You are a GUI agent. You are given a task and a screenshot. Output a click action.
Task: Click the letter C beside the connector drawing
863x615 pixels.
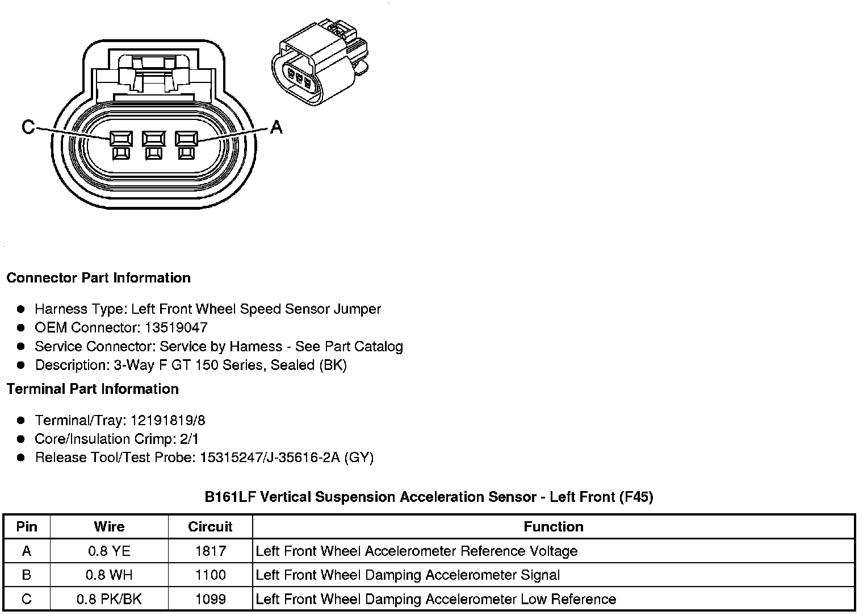[x=28, y=127]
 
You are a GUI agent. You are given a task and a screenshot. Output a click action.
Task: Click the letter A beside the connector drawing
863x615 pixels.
[x=276, y=127]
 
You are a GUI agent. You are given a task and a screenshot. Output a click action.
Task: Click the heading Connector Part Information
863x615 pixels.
[x=98, y=278]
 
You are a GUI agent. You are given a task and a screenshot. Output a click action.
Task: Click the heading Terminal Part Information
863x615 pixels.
[x=93, y=389]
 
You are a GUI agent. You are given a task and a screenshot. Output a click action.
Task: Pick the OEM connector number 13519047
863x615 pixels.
[x=176, y=327]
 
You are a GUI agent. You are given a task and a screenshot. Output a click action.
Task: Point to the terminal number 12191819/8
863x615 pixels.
[x=168, y=421]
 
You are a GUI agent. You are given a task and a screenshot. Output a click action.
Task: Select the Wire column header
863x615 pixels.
[x=109, y=526]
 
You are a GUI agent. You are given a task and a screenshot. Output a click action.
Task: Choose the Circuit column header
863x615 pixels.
[x=210, y=526]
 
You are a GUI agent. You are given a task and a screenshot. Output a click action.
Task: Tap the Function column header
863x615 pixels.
[x=554, y=526]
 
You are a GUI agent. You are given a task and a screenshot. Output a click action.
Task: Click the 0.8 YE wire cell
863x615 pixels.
[x=109, y=551]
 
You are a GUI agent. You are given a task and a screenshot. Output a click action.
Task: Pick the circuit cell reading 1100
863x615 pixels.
[x=210, y=575]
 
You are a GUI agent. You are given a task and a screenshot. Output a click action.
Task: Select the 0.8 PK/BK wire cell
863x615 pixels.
[x=109, y=599]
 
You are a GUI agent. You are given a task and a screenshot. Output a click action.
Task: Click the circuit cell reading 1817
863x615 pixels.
[x=210, y=551]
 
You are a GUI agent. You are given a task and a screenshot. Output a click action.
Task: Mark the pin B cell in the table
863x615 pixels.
[x=27, y=575]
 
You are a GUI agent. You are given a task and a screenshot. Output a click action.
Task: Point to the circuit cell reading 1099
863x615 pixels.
[x=210, y=599]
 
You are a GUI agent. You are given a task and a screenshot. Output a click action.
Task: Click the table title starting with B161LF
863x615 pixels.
[x=429, y=497]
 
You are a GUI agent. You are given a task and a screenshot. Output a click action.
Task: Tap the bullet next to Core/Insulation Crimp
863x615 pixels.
[x=21, y=439]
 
